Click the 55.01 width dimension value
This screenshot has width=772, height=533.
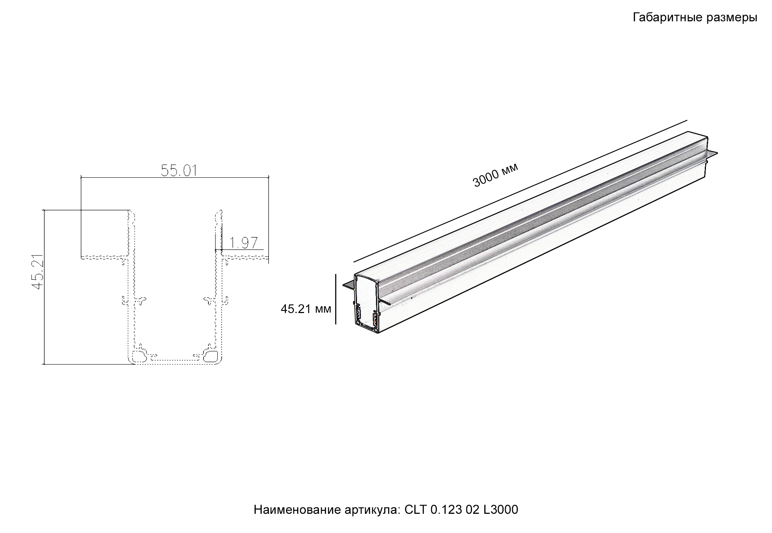point(179,171)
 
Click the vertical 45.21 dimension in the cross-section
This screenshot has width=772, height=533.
point(37,271)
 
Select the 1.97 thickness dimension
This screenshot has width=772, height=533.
point(243,243)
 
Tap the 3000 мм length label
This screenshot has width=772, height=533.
point(495,175)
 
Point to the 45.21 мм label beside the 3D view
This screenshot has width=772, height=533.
point(306,309)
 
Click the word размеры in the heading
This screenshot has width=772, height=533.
point(732,17)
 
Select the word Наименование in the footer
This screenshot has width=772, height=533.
point(298,510)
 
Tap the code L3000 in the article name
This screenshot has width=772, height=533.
point(500,510)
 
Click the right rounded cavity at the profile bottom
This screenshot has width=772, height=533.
point(213,355)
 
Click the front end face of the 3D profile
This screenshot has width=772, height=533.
point(366,302)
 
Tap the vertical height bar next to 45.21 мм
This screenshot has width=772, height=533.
point(336,299)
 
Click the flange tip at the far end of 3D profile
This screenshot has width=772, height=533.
point(713,154)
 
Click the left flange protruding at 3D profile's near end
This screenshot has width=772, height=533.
point(349,285)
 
